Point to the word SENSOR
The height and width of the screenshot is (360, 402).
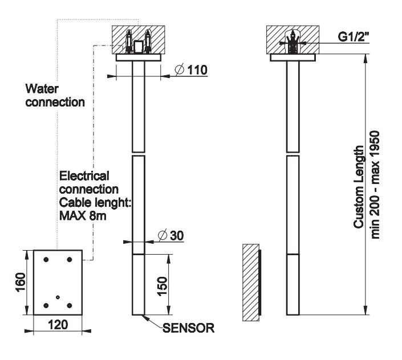point(188,328)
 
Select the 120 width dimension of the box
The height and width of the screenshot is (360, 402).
point(58,326)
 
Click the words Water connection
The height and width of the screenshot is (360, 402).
point(55,96)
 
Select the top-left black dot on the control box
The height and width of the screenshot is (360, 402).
point(46,260)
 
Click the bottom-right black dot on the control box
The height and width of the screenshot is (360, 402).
point(70,305)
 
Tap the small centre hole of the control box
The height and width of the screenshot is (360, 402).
point(58,297)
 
